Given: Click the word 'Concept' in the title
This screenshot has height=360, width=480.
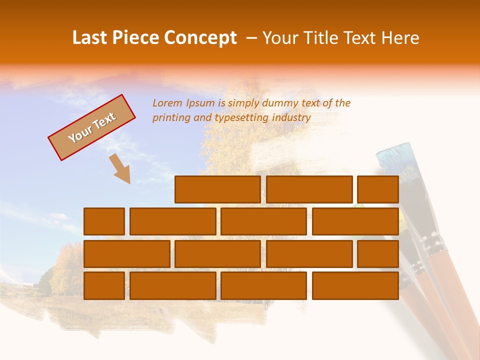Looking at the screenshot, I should (x=200, y=38).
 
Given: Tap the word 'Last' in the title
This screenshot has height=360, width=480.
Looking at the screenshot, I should (x=90, y=38).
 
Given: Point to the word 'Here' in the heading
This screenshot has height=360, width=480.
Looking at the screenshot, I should (x=400, y=38).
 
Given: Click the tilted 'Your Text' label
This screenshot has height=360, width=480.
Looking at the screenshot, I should (x=92, y=127).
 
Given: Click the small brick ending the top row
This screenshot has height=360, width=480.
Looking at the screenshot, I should (x=378, y=189).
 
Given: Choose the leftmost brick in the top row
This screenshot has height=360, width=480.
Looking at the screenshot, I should (x=217, y=189).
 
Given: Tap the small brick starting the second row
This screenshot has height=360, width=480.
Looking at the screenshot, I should (x=104, y=221).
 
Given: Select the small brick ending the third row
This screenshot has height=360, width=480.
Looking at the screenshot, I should (x=378, y=253).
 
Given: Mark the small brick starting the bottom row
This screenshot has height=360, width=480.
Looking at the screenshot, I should (x=104, y=285).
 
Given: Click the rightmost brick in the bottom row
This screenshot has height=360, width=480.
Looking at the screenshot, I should (x=355, y=285).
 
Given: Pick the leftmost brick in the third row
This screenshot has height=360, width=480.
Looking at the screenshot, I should (x=126, y=253).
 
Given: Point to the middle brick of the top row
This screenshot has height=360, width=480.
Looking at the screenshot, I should (x=309, y=189).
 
